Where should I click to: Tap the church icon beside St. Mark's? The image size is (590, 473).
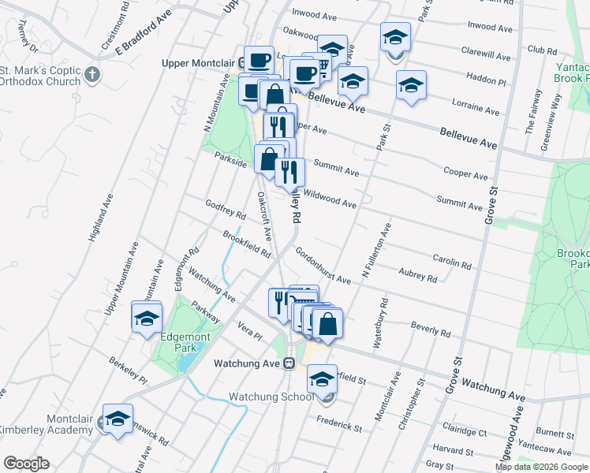click(x=93, y=76)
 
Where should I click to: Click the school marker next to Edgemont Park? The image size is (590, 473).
click(x=147, y=319)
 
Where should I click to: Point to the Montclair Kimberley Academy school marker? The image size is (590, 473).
click(x=118, y=420)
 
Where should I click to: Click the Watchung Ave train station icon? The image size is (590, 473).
click(x=289, y=363)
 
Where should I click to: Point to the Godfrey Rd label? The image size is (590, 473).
click(x=226, y=210)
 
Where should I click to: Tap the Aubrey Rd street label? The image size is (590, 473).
click(x=417, y=274)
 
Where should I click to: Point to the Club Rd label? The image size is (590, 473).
click(x=542, y=50)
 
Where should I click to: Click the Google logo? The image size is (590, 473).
click(x=26, y=463)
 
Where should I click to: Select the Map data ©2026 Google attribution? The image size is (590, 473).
click(x=541, y=467)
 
